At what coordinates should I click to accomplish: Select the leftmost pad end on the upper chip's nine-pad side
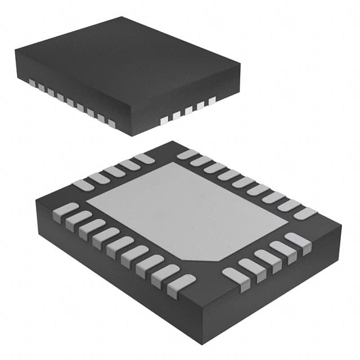[32, 84]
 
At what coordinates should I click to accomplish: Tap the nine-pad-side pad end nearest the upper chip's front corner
[111, 124]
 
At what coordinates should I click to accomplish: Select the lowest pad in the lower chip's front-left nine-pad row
[181, 283]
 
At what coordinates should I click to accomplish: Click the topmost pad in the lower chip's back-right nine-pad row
[187, 154]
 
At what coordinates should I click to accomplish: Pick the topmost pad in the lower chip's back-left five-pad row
[144, 159]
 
